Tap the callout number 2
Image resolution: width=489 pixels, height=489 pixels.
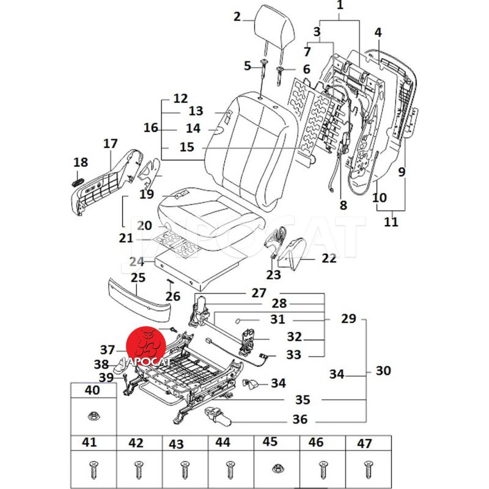click(x=237, y=17)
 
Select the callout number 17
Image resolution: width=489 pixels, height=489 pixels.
click(x=110, y=144)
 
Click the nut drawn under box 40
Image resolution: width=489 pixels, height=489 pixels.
click(x=94, y=416)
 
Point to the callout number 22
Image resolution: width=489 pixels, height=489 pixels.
click(x=329, y=259)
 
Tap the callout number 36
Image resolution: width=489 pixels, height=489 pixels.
click(x=300, y=420)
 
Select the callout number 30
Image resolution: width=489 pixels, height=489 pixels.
click(x=383, y=370)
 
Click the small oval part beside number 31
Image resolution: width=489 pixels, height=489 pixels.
click(x=240, y=320)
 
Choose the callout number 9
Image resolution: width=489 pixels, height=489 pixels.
click(x=402, y=172)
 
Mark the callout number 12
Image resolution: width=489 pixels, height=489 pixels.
click(x=180, y=98)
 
